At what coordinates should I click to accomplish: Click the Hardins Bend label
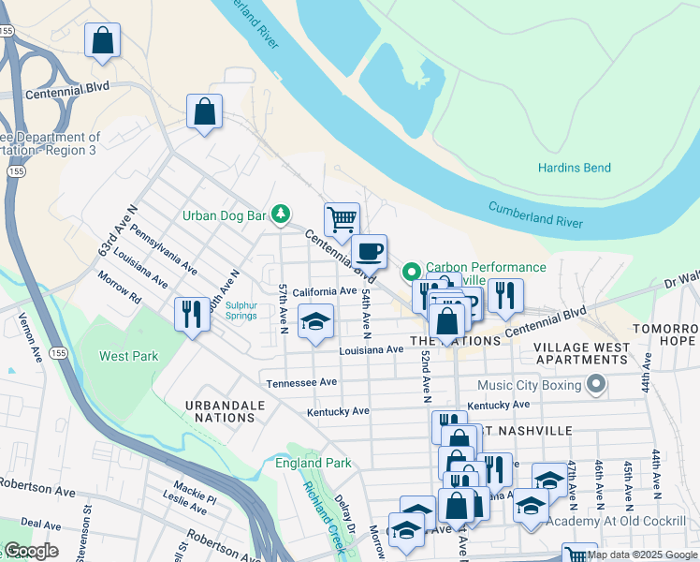pyautogui.click(x=574, y=169)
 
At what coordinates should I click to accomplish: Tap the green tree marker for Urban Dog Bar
pyautogui.click(x=280, y=215)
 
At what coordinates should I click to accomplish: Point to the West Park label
pyautogui.click(x=128, y=357)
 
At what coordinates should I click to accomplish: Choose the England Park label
pyautogui.click(x=313, y=464)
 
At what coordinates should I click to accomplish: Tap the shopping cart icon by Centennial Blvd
pyautogui.click(x=342, y=220)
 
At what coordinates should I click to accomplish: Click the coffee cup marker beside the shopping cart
pyautogui.click(x=369, y=251)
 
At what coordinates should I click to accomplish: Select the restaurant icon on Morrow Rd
pyautogui.click(x=192, y=313)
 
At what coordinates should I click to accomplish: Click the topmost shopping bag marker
pyautogui.click(x=103, y=40)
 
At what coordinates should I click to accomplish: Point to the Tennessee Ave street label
pyautogui.click(x=300, y=383)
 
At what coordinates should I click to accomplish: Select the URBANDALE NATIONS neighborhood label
pyautogui.click(x=225, y=411)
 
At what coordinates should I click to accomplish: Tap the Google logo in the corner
pyautogui.click(x=30, y=551)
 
